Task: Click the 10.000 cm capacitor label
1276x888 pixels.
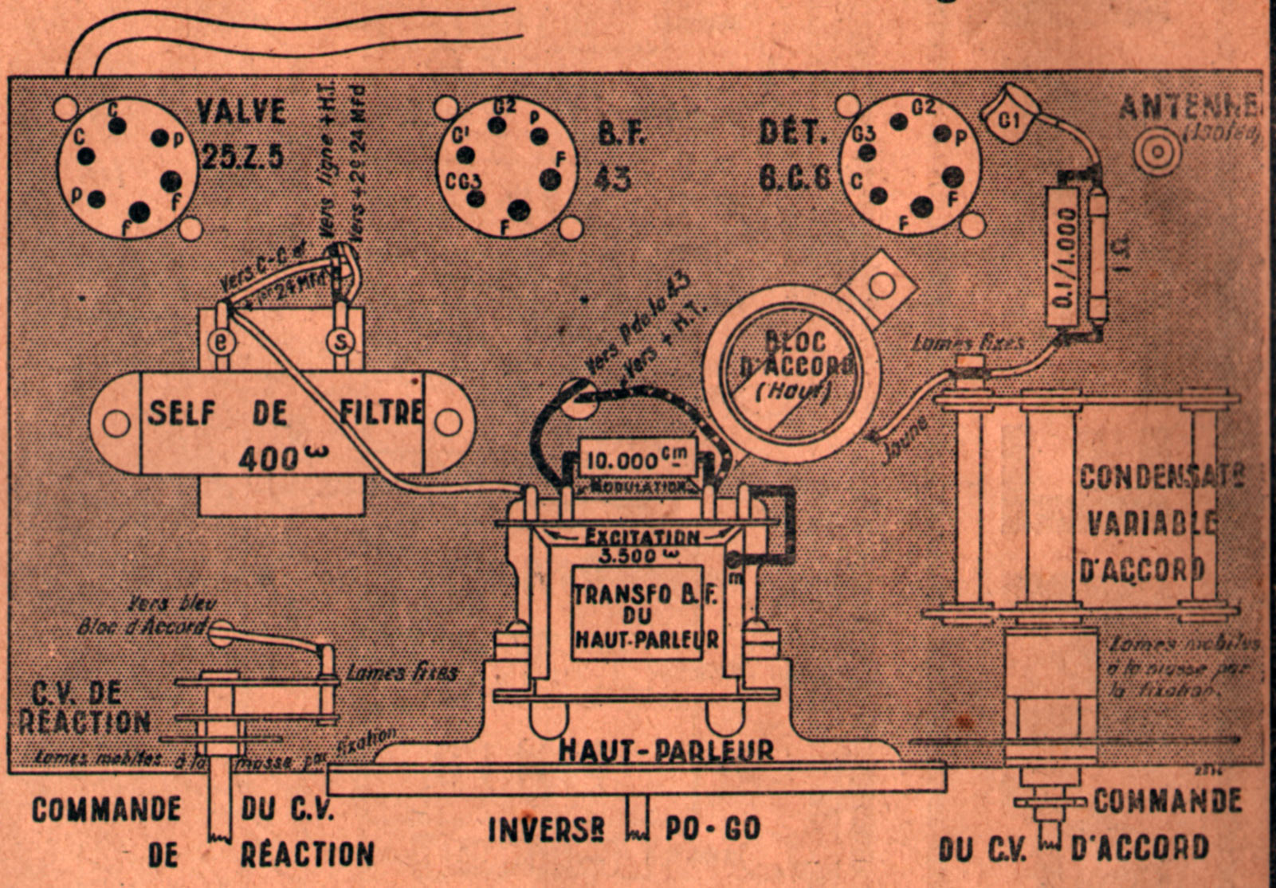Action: click(x=635, y=460)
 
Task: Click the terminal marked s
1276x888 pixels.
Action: click(x=340, y=341)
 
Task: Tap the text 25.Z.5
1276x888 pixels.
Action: click(x=242, y=157)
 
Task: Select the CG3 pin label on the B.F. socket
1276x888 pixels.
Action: click(x=462, y=180)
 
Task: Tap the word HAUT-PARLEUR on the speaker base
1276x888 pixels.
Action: click(x=665, y=750)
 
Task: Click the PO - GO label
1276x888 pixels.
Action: click(x=713, y=829)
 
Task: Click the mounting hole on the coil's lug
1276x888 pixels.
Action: click(x=881, y=284)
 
